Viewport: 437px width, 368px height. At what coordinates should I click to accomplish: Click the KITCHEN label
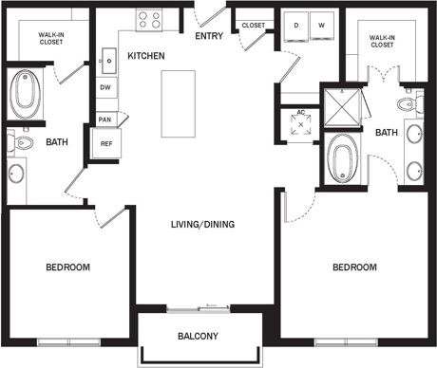click(146, 57)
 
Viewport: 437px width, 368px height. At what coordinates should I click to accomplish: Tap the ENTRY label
click(209, 36)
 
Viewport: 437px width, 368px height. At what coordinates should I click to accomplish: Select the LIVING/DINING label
click(201, 225)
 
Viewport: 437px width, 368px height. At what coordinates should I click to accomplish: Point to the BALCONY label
click(199, 337)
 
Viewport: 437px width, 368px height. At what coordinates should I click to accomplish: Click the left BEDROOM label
click(67, 268)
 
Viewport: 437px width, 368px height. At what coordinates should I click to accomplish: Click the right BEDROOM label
click(354, 267)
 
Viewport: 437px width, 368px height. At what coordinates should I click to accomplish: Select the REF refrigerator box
click(104, 142)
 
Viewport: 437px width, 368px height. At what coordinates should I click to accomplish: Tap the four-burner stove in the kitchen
click(149, 19)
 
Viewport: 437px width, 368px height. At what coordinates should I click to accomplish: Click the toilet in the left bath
click(18, 142)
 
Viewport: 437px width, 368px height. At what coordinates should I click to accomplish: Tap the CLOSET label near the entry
click(253, 26)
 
